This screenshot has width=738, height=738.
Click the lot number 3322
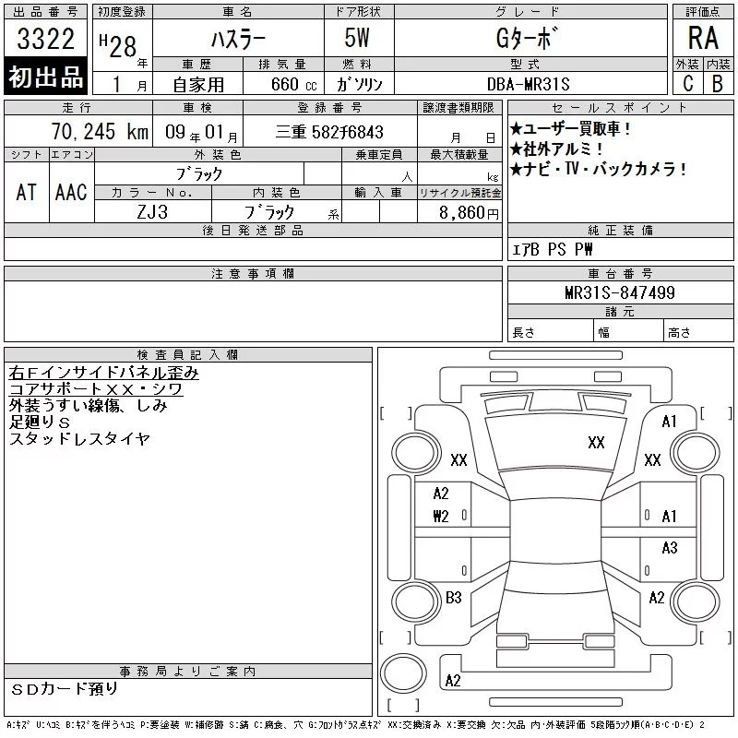45,39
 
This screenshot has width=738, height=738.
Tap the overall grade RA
703,38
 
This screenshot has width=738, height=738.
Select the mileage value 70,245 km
100,131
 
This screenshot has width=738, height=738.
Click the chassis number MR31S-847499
620,292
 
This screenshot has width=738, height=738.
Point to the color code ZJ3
152,212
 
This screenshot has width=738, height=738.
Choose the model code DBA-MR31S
528,84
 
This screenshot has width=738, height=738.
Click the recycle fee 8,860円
469,213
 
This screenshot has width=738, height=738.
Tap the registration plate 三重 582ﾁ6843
329,132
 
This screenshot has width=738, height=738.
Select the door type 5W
357,38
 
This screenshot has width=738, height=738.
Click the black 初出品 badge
45,77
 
